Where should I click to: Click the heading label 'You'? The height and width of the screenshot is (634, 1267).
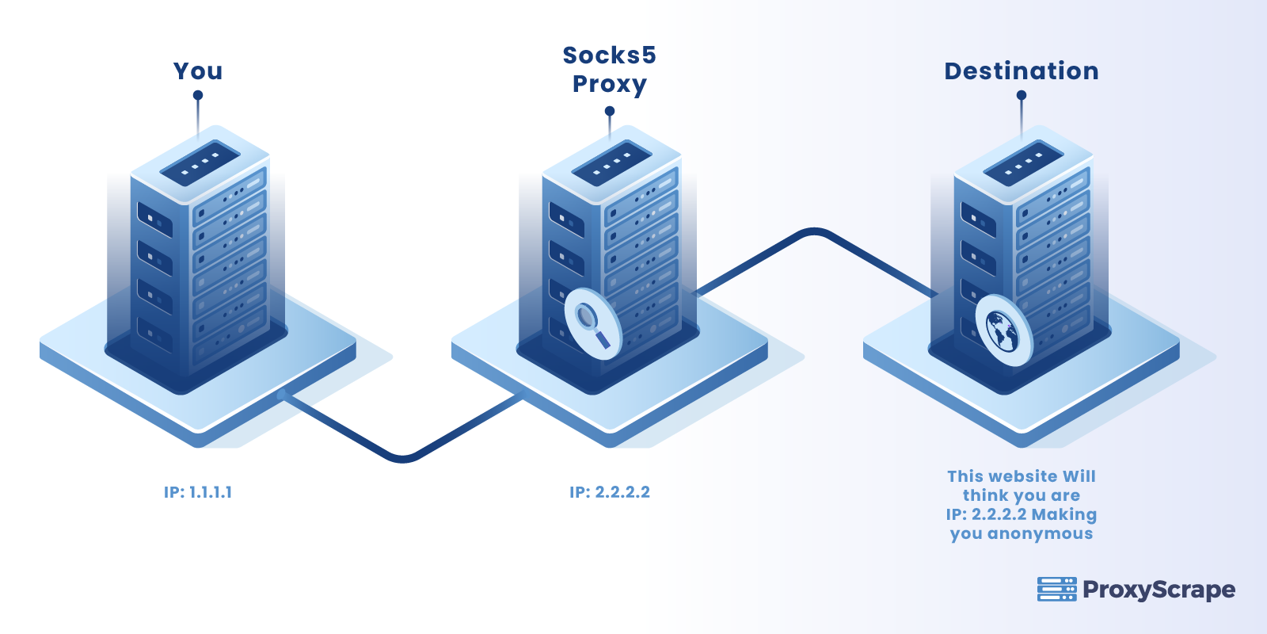198,71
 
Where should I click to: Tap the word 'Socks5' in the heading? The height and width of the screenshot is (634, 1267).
609,55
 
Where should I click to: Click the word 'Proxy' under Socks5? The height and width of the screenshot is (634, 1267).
609,84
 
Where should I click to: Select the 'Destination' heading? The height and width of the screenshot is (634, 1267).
1021,71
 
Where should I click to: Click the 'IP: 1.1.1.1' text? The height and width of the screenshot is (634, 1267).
198,492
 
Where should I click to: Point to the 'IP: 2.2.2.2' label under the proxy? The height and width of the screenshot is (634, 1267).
609,492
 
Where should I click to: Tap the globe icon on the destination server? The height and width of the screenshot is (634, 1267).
1003,331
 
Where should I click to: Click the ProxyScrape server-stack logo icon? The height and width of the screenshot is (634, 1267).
1056,589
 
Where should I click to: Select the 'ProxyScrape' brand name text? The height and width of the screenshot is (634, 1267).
1159,590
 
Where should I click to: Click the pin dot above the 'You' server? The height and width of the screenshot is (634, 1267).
198,95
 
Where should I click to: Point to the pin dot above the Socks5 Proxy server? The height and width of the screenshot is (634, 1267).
610,111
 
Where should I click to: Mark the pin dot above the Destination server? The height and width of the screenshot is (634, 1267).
1022,95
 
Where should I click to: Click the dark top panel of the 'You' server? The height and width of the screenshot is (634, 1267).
200,163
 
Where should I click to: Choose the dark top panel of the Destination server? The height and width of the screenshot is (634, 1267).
1023,163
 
